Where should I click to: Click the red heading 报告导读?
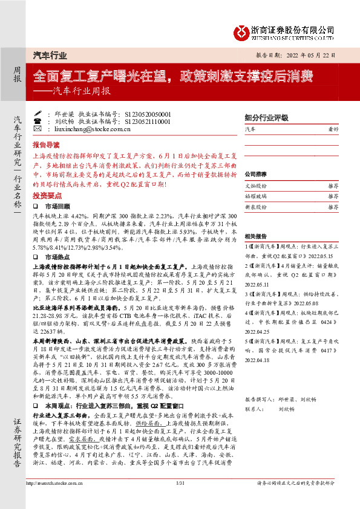click(46, 146)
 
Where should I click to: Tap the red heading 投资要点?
click(46, 196)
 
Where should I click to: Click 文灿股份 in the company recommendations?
click(255, 186)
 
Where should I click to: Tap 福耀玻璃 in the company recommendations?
click(255, 196)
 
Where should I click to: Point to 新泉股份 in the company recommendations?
click(255, 206)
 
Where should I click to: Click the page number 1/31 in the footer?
click(179, 500)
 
